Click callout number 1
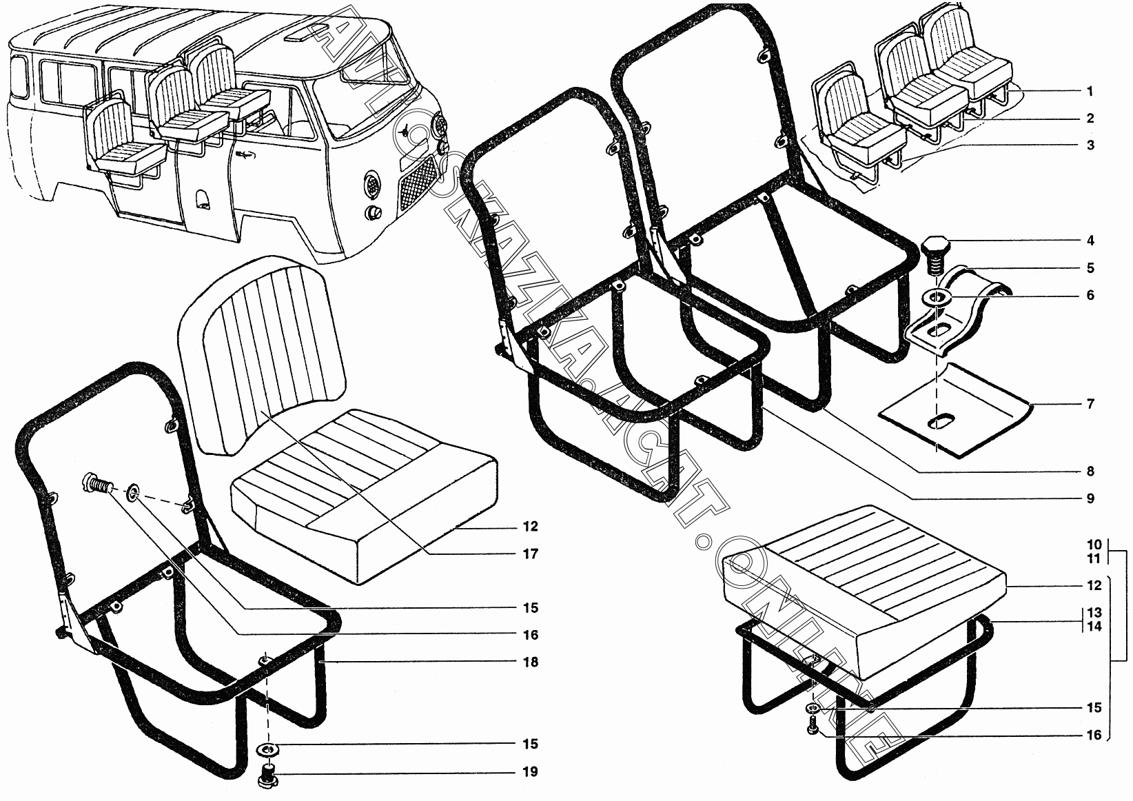(x=1090, y=91)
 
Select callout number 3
(x=1090, y=145)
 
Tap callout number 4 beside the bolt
(x=1090, y=241)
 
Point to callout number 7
(x=1090, y=404)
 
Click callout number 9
(x=1090, y=498)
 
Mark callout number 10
(x=1094, y=544)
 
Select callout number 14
(x=1094, y=627)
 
